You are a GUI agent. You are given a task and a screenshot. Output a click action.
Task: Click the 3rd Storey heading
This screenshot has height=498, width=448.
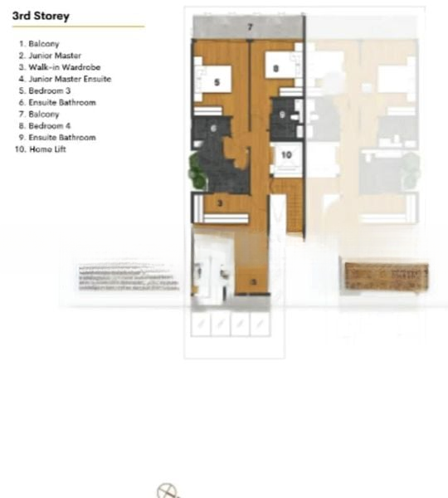coord(41,16)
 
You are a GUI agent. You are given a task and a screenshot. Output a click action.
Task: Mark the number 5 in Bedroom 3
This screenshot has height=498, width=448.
coord(217,82)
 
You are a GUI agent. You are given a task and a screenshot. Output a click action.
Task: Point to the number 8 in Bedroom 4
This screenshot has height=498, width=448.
coord(275,70)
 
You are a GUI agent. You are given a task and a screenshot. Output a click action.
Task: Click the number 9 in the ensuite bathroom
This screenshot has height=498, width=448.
coord(282,115)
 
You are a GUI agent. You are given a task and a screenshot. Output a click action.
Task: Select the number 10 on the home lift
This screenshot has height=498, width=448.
coord(285,154)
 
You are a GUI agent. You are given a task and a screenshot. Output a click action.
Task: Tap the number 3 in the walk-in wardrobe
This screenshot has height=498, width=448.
coord(220,202)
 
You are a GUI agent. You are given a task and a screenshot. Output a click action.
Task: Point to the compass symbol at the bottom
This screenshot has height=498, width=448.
coord(168,490)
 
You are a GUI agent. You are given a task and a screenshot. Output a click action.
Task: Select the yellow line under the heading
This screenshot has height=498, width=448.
coord(78,27)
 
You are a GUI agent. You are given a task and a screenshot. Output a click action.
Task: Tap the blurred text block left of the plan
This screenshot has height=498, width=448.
coord(128,278)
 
